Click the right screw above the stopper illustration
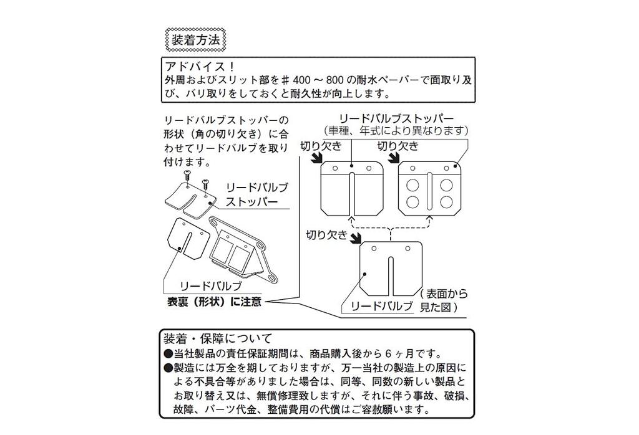tap(204, 181)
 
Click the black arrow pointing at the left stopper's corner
tap(312, 160)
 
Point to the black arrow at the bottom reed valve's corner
tap(356, 239)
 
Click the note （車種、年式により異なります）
tap(396, 131)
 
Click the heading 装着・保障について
tap(217, 339)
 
